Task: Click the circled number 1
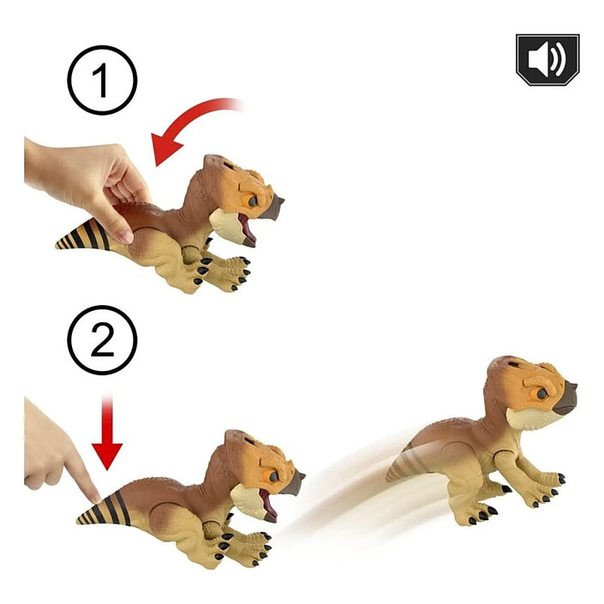click(x=103, y=81)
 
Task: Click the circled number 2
click(x=103, y=340)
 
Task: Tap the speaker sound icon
click(x=547, y=60)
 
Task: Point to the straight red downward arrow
click(x=107, y=432)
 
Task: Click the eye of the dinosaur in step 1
click(x=252, y=201)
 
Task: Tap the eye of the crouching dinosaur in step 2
click(x=273, y=476)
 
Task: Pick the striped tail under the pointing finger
click(x=104, y=509)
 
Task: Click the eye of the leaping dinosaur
click(x=541, y=394)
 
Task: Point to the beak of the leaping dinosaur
click(x=565, y=398)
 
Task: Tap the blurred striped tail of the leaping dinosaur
click(x=404, y=464)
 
